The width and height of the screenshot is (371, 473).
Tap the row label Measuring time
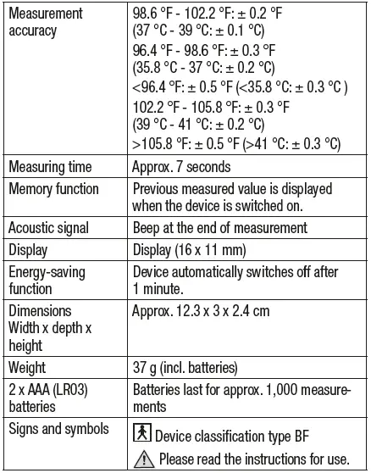[51, 167]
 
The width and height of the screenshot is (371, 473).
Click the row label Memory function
[53, 189]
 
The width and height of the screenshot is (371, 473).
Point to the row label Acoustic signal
[51, 228]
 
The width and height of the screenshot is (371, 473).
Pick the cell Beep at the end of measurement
[220, 228]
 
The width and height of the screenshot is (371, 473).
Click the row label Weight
[27, 368]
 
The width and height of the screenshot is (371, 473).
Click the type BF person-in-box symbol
[143, 432]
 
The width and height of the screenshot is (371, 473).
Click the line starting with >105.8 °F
[236, 145]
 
